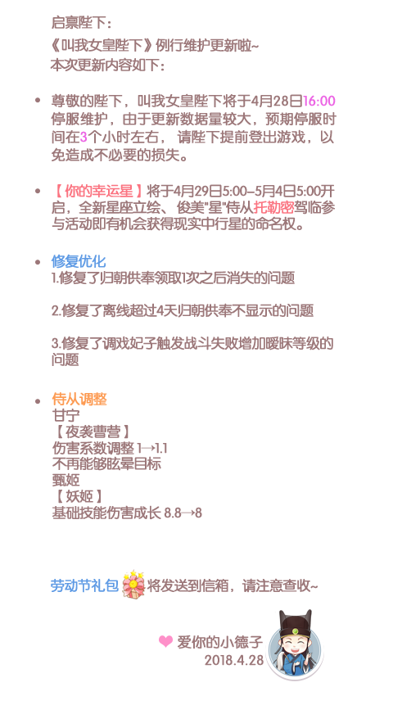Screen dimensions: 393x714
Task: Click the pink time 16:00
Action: point(318,101)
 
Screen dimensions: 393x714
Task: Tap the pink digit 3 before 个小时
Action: point(84,137)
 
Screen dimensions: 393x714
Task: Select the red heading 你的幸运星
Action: point(99,191)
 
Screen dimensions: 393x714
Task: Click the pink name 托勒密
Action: point(273,208)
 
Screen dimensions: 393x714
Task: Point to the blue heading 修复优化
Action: point(79,261)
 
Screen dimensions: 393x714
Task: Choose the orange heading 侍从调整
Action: point(79,400)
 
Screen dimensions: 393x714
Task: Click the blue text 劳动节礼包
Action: point(84,585)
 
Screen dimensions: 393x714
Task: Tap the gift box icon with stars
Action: point(133,584)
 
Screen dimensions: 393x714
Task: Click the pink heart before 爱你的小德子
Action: point(165,641)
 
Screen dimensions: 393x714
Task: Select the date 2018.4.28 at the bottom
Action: point(234,660)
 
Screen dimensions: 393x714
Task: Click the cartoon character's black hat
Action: point(296,621)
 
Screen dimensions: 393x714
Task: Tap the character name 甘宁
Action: point(66,415)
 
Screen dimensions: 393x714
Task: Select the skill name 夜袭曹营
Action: point(93,432)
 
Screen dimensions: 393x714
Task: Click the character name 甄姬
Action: point(66,480)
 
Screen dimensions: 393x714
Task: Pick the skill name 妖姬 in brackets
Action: point(79,496)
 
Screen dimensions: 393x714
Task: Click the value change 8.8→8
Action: point(183,513)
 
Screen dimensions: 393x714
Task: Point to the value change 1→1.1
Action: point(152,449)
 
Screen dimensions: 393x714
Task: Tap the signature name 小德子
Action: point(242,642)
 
